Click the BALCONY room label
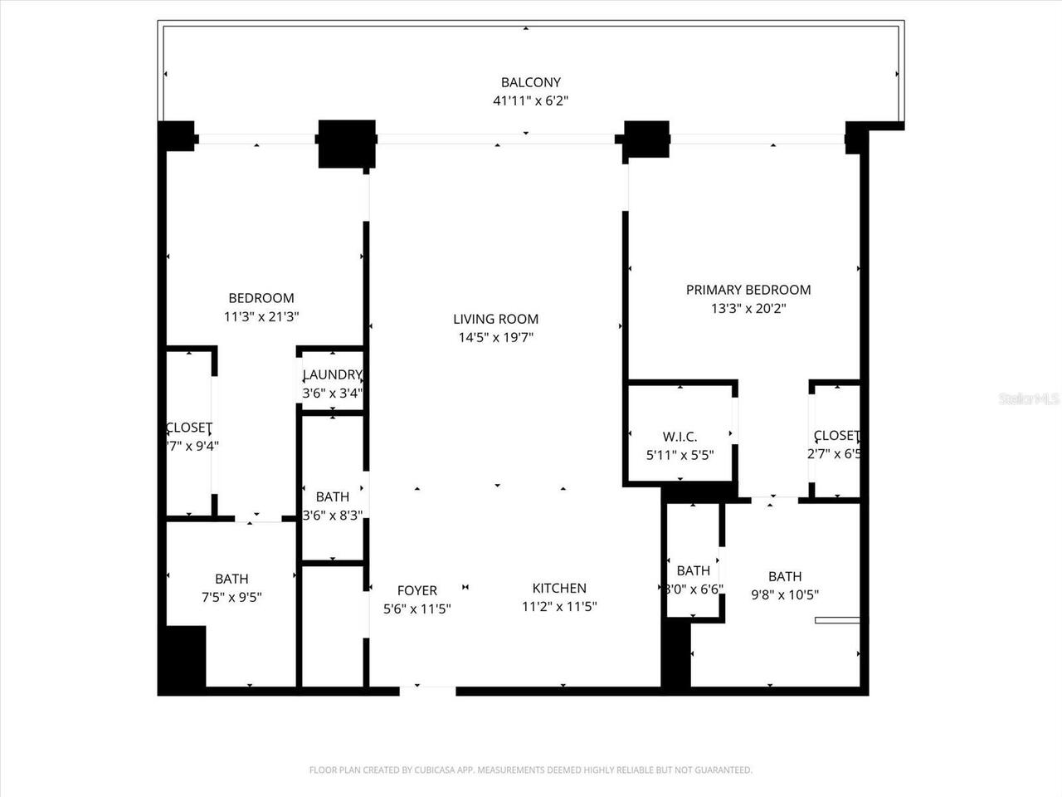(530, 82)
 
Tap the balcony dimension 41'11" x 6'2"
(530, 101)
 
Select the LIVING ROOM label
(495, 319)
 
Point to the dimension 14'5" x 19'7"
(495, 338)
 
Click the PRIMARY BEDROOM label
(748, 290)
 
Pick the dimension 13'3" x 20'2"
(748, 309)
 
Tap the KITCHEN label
(559, 588)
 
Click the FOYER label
(417, 590)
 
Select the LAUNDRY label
(332, 374)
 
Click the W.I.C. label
(680, 437)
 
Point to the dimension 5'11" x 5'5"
(680, 455)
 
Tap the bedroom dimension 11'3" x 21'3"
(261, 316)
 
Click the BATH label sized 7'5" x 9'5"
(231, 579)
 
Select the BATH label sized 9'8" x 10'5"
(784, 576)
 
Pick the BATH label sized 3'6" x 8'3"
(332, 496)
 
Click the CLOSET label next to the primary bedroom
(835, 436)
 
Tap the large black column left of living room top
(347, 144)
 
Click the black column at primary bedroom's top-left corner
(646, 139)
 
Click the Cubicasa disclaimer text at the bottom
(530, 770)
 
